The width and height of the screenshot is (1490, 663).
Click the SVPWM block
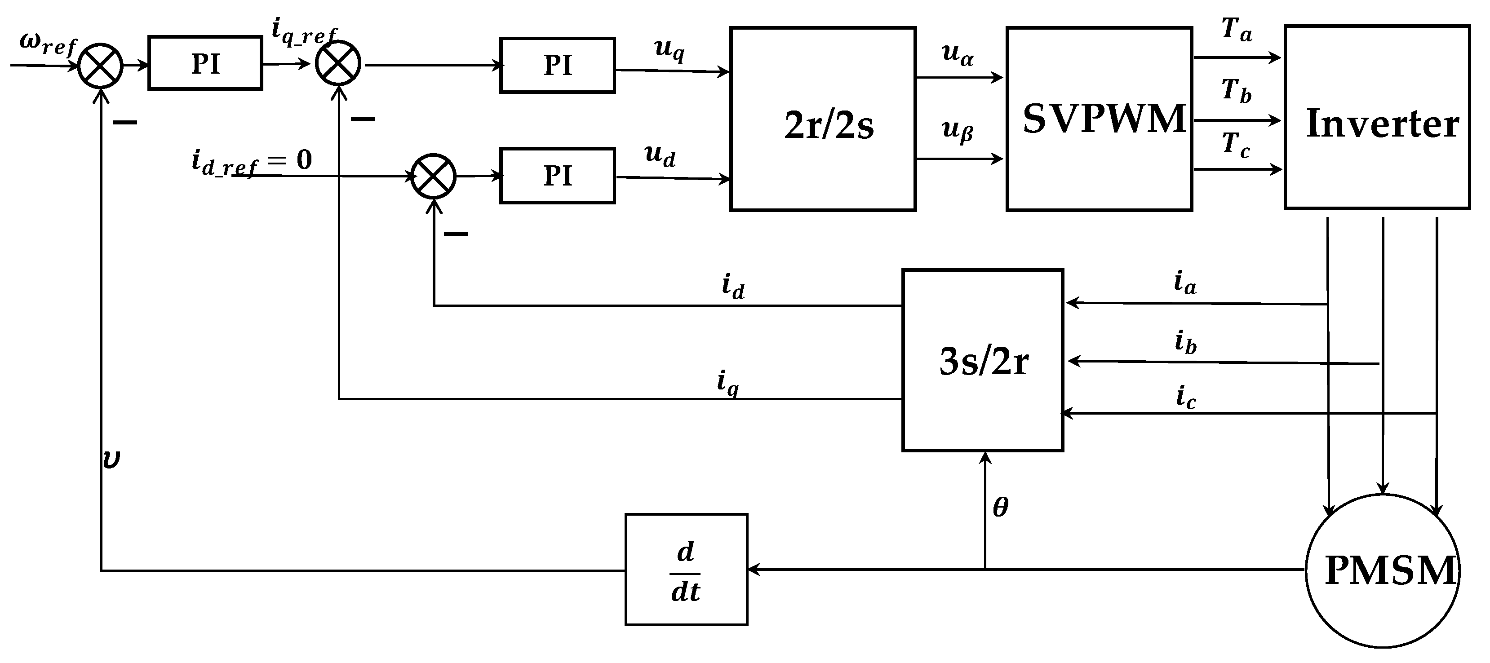[1099, 119]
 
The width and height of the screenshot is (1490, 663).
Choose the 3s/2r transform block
[982, 360]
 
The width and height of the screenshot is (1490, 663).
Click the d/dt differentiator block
[686, 570]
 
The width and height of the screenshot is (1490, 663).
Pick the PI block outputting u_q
[557, 65]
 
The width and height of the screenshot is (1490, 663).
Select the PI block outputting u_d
[557, 176]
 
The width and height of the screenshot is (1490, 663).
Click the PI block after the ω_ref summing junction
[205, 63]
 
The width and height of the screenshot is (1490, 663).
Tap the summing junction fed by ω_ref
[101, 66]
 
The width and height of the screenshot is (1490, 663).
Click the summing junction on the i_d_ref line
[433, 176]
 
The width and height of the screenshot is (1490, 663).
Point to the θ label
[1000, 508]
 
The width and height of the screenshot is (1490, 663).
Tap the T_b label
[1236, 91]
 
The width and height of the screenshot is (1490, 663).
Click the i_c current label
[1185, 398]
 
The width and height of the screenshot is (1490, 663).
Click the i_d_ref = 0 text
[252, 161]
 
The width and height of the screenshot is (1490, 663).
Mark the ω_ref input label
[48, 44]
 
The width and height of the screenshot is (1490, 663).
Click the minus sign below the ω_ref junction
[125, 123]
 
